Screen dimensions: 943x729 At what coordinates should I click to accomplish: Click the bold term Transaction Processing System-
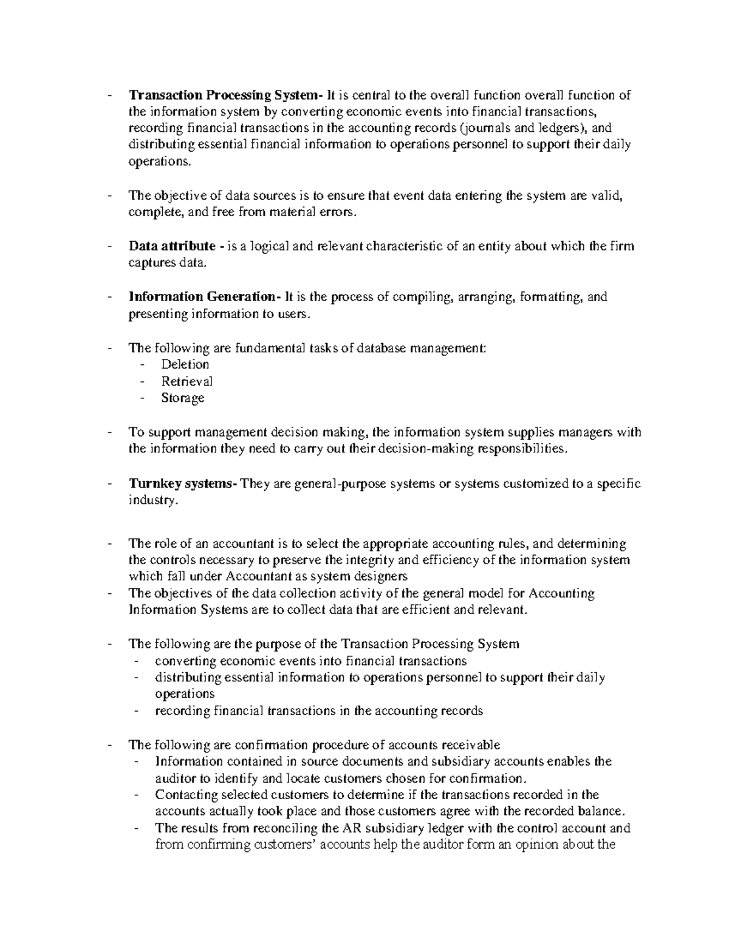point(226,95)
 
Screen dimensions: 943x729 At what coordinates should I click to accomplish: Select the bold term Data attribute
point(172,247)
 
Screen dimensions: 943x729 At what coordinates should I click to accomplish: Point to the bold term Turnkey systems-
point(183,484)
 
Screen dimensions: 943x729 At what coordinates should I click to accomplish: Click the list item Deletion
point(185,364)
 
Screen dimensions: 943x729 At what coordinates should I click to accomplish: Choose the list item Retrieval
point(187,381)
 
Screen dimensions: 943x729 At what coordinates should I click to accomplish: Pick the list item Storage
point(182,398)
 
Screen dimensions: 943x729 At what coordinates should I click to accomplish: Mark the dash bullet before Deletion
point(142,365)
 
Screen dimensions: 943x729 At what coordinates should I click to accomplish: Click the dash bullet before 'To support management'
point(109,433)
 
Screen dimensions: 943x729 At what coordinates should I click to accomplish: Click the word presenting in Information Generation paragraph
point(158,315)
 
